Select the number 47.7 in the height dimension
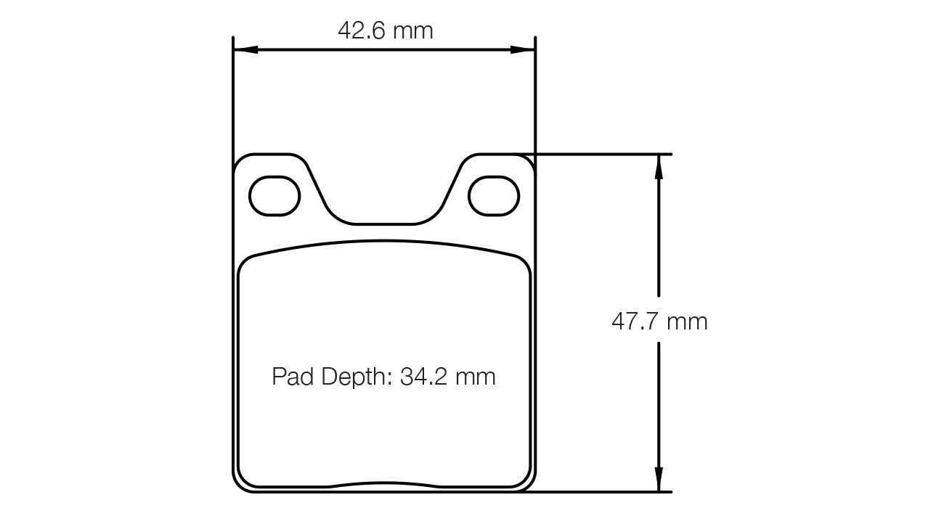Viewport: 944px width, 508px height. (635, 321)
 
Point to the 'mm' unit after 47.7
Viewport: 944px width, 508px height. (687, 321)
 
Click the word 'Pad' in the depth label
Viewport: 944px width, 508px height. (293, 377)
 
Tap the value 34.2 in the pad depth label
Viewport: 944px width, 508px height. (425, 377)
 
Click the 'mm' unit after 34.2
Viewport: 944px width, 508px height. (475, 377)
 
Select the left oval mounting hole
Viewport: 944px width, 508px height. (274, 195)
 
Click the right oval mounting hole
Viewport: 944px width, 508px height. (494, 195)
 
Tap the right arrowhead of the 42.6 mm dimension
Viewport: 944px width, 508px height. (522, 50)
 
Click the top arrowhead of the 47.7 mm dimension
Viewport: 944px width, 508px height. (659, 166)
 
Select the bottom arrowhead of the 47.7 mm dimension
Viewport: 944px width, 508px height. (659, 480)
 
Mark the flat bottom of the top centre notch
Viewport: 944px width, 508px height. (384, 224)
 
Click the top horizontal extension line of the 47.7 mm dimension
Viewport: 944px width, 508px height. (603, 154)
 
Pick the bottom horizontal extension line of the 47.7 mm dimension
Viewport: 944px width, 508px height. (603, 492)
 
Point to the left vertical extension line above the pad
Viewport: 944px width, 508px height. (233, 94)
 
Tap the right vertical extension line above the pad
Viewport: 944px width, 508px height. (535, 94)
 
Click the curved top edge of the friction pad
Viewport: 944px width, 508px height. (384, 241)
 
